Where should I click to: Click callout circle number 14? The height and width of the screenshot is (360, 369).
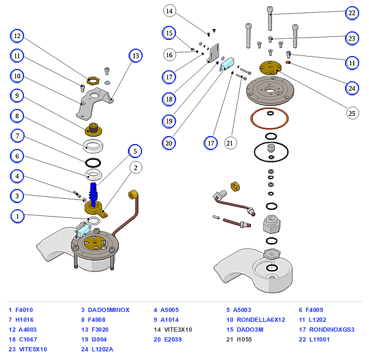170,11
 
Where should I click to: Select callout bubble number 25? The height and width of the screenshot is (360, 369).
352,113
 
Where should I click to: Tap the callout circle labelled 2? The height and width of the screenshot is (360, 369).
136,167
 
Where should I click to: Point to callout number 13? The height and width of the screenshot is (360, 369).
135,56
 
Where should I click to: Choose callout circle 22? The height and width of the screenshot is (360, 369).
352,13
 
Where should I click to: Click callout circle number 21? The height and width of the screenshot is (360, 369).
230,143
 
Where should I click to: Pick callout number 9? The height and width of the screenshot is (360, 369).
17,95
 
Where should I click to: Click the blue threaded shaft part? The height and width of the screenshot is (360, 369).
93,194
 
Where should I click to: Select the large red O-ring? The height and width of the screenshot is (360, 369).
269,118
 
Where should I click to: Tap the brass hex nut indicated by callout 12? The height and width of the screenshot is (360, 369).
93,80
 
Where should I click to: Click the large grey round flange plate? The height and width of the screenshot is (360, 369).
270,90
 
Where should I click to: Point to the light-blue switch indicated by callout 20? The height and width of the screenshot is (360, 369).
227,64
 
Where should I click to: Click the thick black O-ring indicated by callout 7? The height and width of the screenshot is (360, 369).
93,162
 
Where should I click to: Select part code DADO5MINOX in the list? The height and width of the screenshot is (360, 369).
109,310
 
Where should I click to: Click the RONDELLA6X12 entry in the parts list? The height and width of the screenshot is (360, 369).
261,320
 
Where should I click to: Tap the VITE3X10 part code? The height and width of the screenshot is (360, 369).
178,330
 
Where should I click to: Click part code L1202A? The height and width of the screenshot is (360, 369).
102,350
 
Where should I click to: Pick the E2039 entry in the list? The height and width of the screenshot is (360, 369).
173,340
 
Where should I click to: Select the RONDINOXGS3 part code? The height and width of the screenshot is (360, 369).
332,330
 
